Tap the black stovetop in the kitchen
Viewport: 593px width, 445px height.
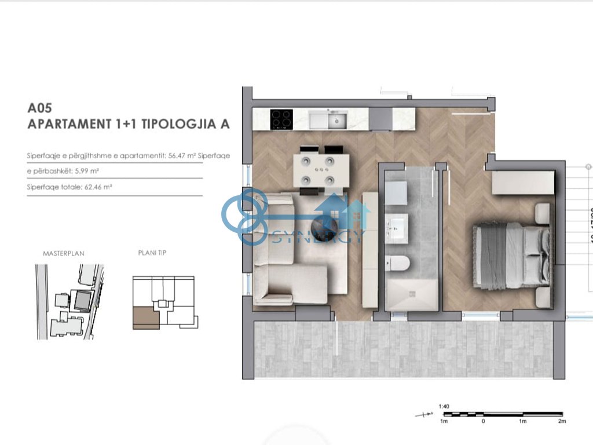[281, 120]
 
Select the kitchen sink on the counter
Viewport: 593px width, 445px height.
[334, 121]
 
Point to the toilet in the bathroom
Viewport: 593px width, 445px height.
[398, 264]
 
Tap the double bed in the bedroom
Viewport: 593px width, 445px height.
[511, 256]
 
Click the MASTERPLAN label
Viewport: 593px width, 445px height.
[64, 254]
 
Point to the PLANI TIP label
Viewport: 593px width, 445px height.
[152, 253]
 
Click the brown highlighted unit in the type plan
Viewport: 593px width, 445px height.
[145, 318]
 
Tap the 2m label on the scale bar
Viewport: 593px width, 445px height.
[561, 421]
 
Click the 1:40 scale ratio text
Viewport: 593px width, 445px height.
[444, 406]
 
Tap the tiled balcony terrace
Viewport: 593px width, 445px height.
[400, 350]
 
